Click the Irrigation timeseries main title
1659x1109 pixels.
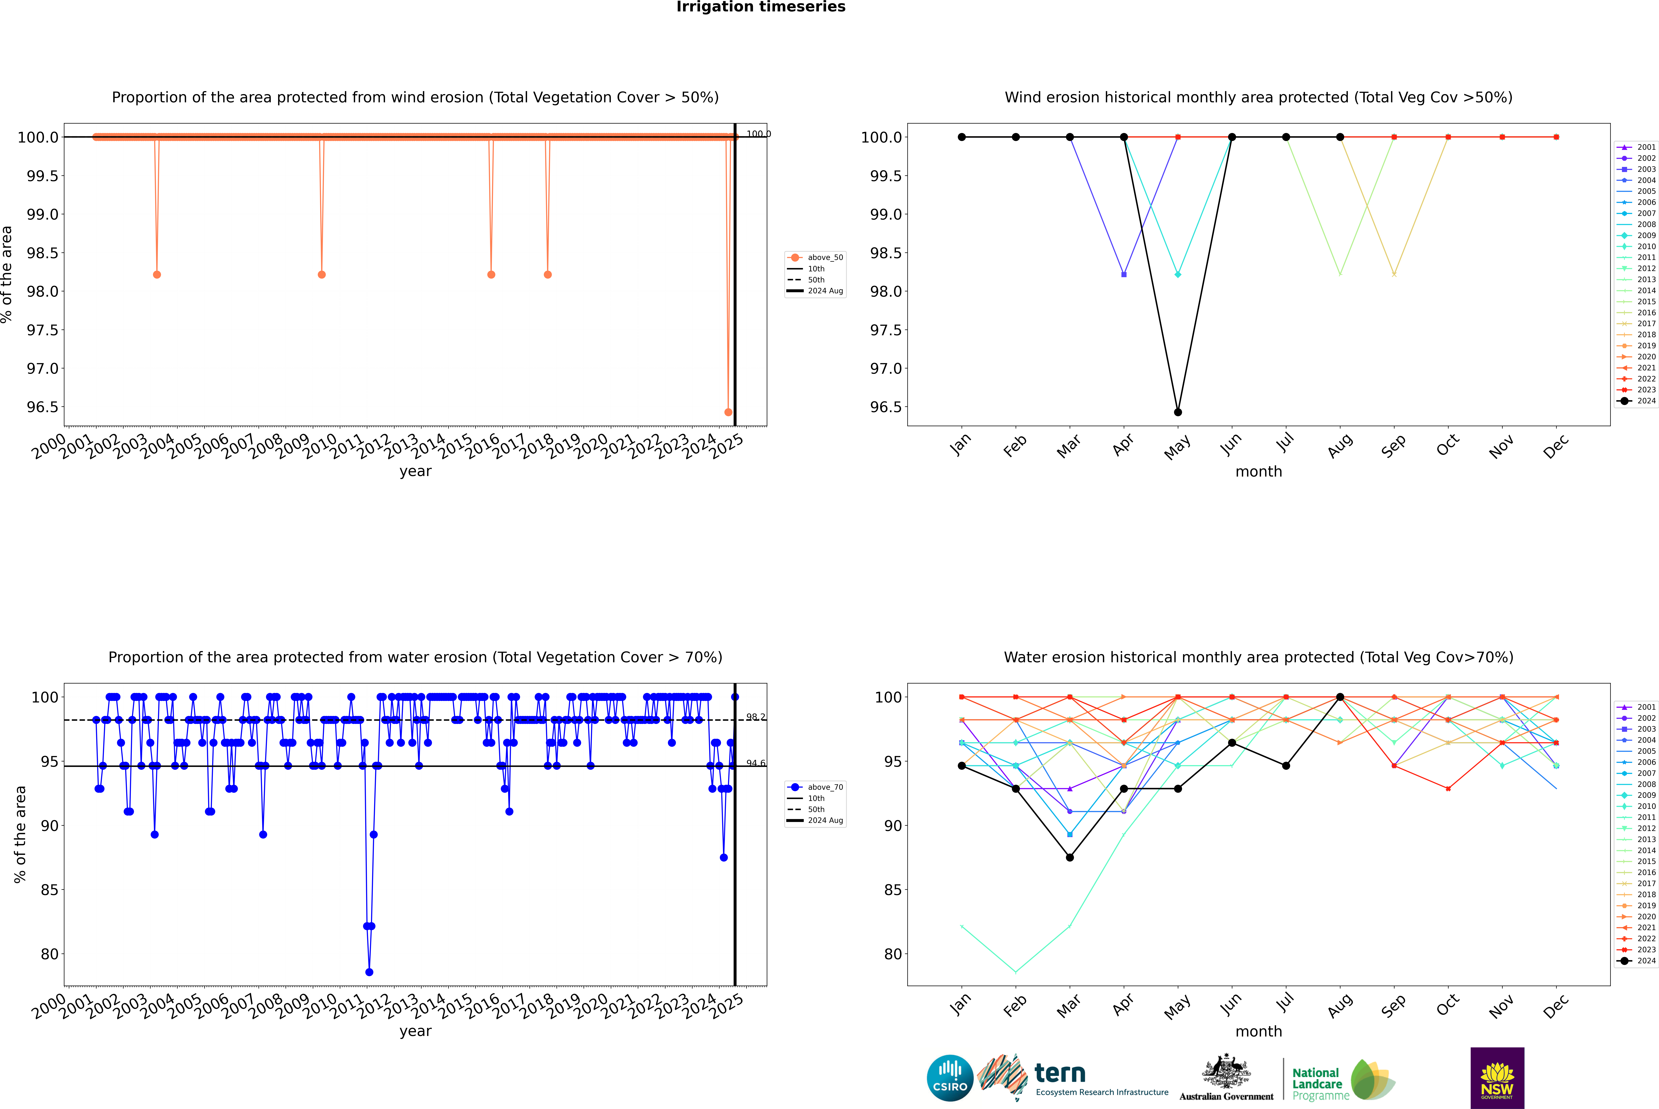click(761, 7)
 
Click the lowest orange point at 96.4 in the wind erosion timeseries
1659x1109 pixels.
click(728, 412)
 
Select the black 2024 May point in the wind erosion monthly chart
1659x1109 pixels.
click(1177, 412)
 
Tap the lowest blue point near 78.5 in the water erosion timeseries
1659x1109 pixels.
click(369, 972)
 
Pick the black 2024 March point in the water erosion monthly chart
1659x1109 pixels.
click(1069, 857)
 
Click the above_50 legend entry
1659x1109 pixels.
click(816, 258)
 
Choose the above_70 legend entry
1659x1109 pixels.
click(816, 787)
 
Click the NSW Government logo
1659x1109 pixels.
click(1497, 1078)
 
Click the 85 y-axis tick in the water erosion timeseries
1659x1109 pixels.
click(49, 890)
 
